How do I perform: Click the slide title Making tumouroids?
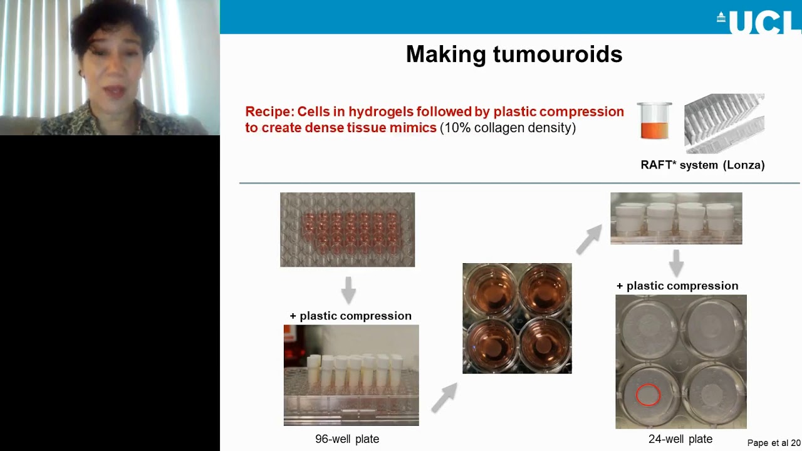514,54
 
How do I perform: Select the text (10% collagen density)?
508,128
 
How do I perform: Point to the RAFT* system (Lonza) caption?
702,165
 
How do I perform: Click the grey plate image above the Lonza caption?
724,123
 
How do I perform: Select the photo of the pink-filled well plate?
347,229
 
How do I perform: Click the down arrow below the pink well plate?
348,290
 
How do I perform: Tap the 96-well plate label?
347,439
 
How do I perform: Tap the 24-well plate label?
680,439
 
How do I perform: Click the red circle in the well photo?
648,395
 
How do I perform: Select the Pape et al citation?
774,443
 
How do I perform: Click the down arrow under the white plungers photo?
676,262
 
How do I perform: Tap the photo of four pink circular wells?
517,318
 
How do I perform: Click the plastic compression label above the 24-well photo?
677,286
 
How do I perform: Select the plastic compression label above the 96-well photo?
350,316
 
